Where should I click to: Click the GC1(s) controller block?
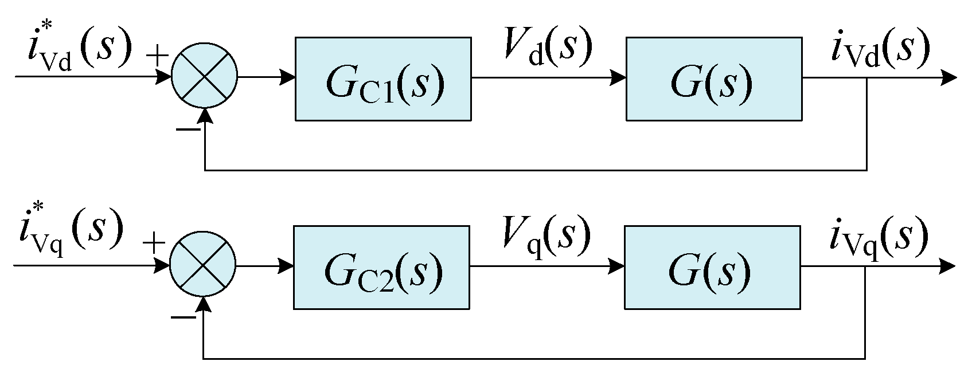point(383,79)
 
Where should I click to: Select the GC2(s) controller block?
point(381,268)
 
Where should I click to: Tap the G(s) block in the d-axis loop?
point(713,79)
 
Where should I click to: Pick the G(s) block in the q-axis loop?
point(712,268)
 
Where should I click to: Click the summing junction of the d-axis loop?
point(205,76)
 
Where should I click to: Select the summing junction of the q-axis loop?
point(203,266)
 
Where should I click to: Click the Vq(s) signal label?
point(546,235)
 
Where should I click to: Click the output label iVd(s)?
point(880,49)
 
